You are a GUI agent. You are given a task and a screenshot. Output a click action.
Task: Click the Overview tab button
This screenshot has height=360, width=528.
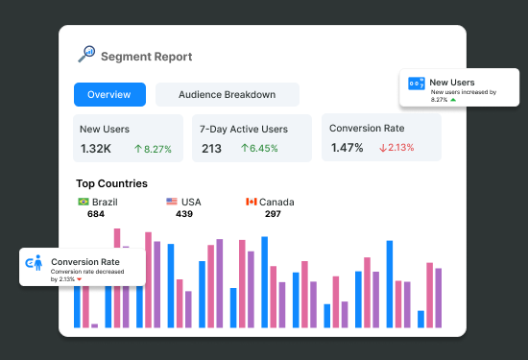click(x=109, y=94)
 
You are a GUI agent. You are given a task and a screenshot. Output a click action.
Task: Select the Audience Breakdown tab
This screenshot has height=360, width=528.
click(x=227, y=94)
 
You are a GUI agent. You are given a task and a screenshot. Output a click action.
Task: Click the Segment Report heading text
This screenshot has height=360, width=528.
click(x=146, y=57)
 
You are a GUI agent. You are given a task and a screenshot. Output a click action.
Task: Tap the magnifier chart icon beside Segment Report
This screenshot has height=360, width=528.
click(x=85, y=54)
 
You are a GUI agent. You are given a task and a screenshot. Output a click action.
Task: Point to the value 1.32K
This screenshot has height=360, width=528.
click(x=96, y=148)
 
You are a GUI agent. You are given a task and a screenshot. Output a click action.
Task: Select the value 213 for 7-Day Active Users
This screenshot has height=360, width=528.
click(x=212, y=148)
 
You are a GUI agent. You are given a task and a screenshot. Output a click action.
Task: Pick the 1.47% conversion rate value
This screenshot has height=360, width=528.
click(x=347, y=148)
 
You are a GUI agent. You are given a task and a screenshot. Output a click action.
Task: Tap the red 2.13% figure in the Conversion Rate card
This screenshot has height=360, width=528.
click(x=396, y=148)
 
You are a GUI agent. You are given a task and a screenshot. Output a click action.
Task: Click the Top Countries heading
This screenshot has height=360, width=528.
click(x=111, y=183)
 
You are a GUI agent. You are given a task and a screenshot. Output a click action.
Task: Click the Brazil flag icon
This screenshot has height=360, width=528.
click(x=83, y=202)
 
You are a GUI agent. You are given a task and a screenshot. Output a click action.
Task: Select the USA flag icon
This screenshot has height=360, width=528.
click(x=172, y=202)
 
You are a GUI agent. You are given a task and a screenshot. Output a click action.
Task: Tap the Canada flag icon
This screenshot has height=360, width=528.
click(x=252, y=202)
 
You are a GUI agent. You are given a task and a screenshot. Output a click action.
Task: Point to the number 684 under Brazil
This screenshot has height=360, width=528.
click(x=96, y=214)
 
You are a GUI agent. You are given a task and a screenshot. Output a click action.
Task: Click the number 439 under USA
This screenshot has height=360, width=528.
click(x=184, y=214)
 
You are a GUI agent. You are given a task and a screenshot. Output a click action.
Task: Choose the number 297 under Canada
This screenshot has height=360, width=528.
click(x=273, y=214)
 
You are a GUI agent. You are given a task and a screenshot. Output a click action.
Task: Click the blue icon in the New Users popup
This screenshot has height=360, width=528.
click(x=417, y=84)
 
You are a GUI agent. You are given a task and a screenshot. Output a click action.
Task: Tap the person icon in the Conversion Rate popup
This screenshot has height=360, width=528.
click(x=35, y=263)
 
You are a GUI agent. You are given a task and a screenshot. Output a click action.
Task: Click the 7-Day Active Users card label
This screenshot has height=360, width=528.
click(x=244, y=129)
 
